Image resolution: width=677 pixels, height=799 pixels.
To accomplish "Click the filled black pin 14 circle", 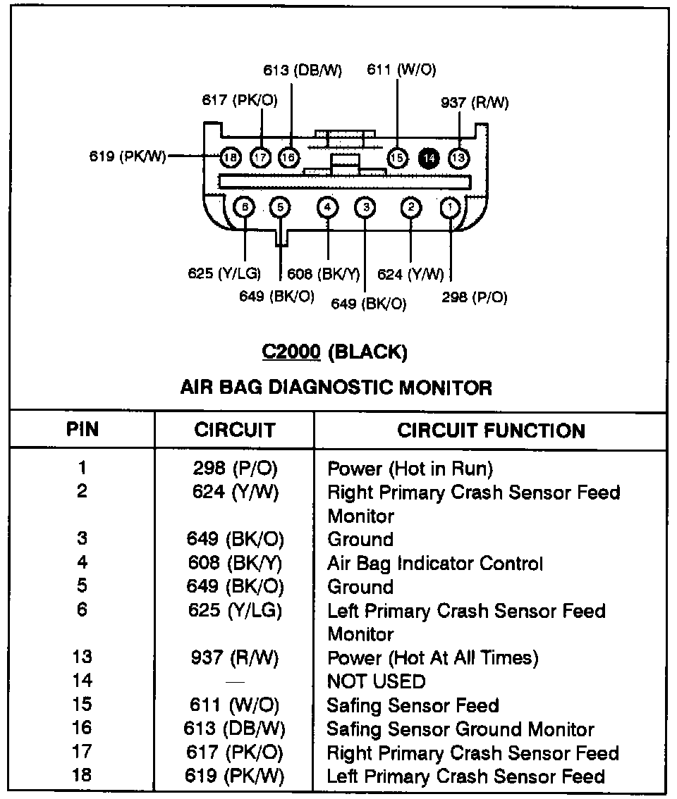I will point(428,158).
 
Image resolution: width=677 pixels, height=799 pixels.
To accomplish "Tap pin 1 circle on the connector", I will point(450,208).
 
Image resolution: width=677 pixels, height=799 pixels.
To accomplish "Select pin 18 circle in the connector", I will point(231,158).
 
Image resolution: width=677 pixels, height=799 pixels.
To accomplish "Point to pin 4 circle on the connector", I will point(328,208).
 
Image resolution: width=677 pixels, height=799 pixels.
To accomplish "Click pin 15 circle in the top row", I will point(398,158).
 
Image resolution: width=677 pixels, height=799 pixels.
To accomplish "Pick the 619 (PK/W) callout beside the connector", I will point(128,156).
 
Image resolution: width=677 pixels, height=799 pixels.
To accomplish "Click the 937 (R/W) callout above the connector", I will point(474,103).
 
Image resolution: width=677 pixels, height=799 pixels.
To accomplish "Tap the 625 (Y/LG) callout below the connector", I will point(224,273).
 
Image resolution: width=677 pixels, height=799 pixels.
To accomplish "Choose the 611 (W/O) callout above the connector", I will point(401,69).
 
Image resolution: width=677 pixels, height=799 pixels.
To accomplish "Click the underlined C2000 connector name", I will point(291,352).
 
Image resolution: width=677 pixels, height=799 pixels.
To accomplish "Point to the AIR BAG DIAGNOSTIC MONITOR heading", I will point(336,387).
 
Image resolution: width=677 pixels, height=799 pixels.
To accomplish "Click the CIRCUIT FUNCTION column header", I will point(491,431).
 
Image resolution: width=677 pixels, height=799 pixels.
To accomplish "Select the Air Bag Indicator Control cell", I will point(435,564).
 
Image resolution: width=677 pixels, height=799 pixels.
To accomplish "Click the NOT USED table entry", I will point(376,681).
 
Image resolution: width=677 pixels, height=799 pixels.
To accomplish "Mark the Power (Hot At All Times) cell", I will point(433,658).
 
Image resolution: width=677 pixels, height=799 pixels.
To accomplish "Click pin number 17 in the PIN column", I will point(83,752).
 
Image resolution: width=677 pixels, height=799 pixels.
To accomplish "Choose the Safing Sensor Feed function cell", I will point(413,705).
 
